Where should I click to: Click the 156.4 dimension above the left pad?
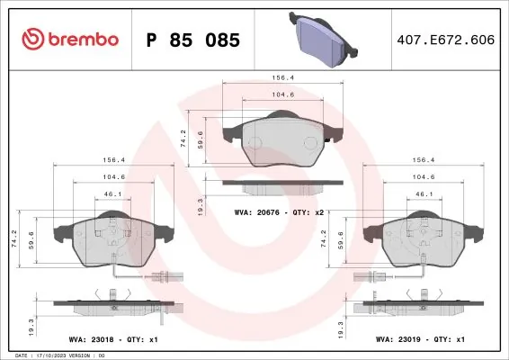(112, 161)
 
